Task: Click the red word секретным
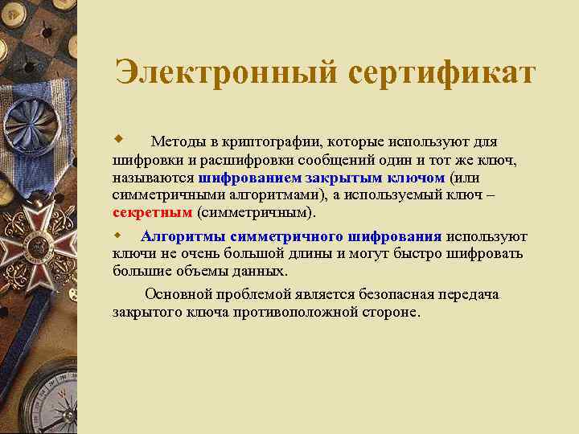point(153,213)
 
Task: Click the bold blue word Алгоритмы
point(183,236)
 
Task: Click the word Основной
point(175,294)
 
